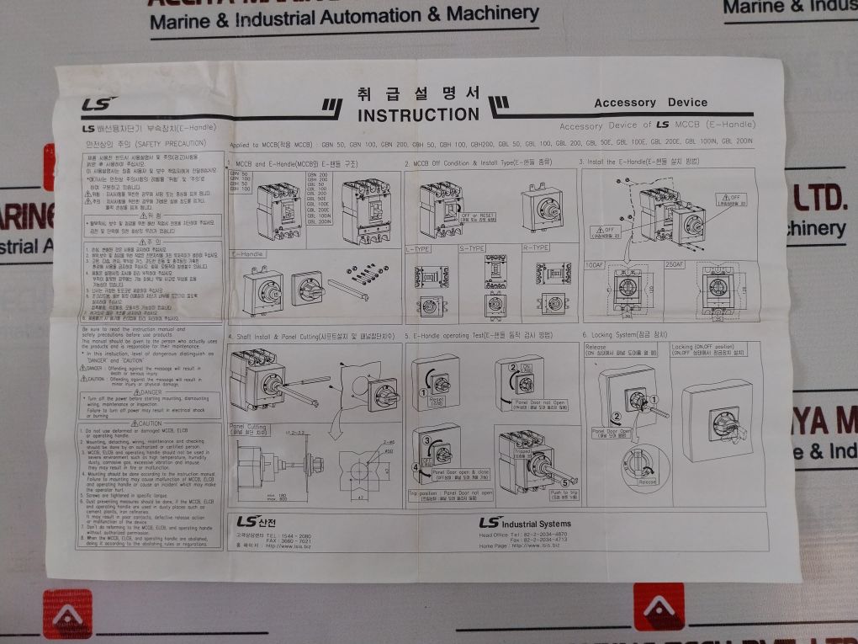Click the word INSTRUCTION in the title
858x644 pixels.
click(x=417, y=114)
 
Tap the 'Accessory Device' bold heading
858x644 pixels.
click(x=650, y=103)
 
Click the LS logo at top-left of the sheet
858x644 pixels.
click(x=93, y=106)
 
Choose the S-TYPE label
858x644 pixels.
click(x=472, y=248)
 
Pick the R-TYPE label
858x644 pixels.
click(x=536, y=247)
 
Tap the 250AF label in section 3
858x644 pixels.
click(x=675, y=266)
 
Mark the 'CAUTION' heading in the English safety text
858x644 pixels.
click(x=146, y=423)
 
